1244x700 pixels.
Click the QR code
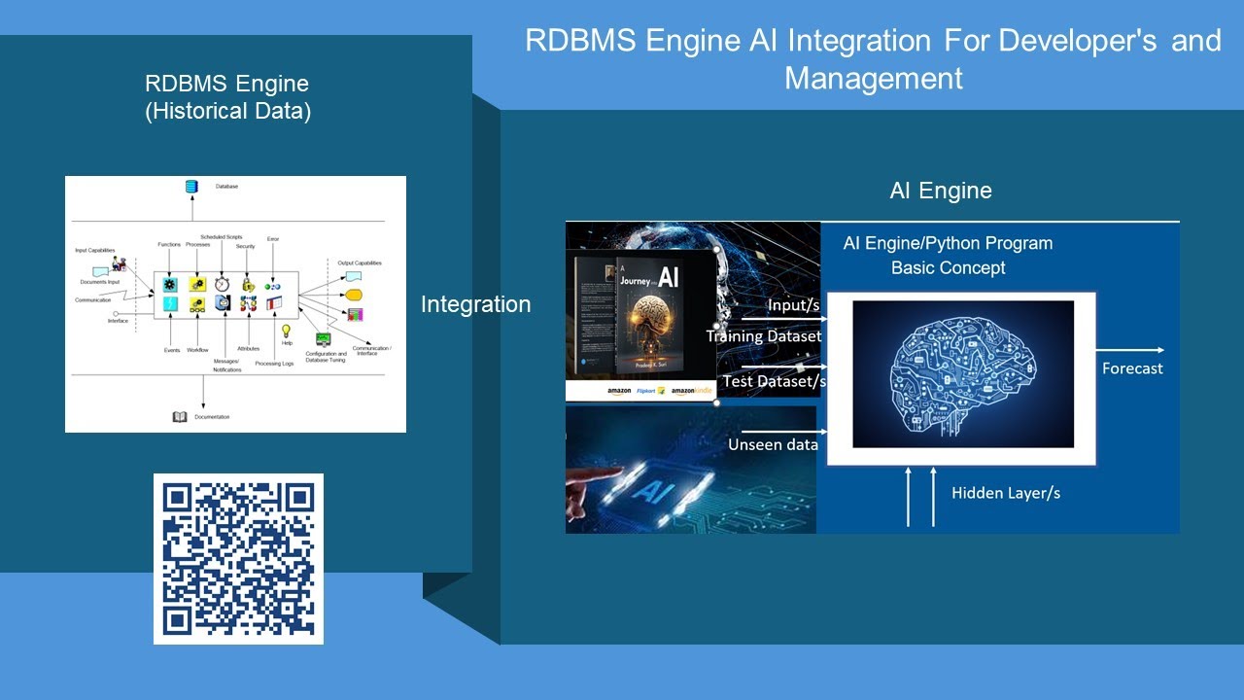pyautogui.click(x=238, y=559)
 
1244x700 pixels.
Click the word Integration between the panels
pyautogui.click(x=475, y=304)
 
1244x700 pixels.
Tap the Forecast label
pyautogui.click(x=1132, y=368)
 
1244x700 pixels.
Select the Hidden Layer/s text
pyautogui.click(x=1006, y=493)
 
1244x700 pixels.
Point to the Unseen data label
pyautogui.click(x=773, y=444)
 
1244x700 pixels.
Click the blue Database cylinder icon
pyautogui.click(x=191, y=187)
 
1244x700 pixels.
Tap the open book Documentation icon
pyautogui.click(x=180, y=417)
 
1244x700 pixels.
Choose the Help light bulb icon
pyautogui.click(x=287, y=332)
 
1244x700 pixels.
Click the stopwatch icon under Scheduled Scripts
pyautogui.click(x=222, y=284)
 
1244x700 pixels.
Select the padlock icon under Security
pyautogui.click(x=248, y=285)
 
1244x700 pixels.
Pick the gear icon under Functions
pyautogui.click(x=171, y=285)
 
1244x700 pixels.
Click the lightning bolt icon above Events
pyautogui.click(x=171, y=304)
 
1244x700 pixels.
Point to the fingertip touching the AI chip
pyautogui.click(x=614, y=471)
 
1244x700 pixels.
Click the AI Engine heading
pyautogui.click(x=941, y=191)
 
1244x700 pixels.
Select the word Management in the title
pyautogui.click(x=873, y=78)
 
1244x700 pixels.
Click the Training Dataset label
pyautogui.click(x=764, y=336)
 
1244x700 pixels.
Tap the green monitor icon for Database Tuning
pyautogui.click(x=323, y=339)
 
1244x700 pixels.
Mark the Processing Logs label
pyautogui.click(x=274, y=364)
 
